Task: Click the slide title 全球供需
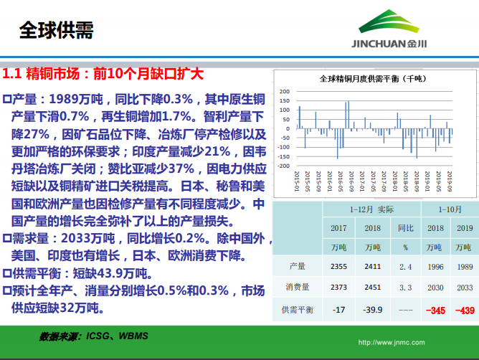tap(55, 29)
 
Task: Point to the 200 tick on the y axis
tap(284, 92)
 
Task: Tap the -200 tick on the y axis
tap(283, 156)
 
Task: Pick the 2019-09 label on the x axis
tap(449, 178)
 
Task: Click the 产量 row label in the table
tap(297, 266)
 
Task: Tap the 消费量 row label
tap(297, 288)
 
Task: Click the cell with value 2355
tap(339, 266)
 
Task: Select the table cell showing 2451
tap(372, 288)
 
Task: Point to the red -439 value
tap(466, 310)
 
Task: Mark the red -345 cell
tap(435, 310)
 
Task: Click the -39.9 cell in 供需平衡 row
tap(372, 310)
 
